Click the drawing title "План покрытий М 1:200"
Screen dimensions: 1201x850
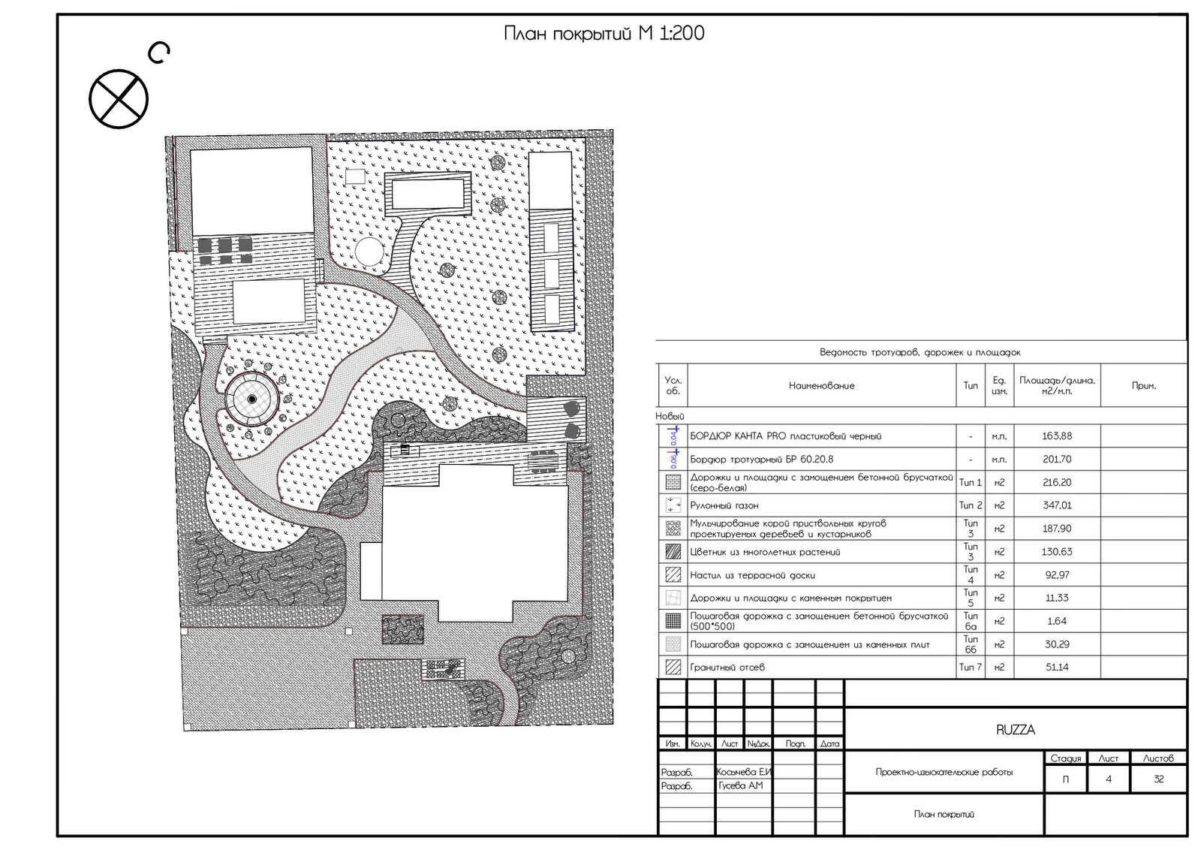click(x=604, y=33)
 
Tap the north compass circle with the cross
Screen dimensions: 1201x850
click(x=119, y=98)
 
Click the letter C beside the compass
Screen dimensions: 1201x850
click(x=159, y=53)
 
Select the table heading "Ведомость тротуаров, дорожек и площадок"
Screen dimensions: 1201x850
click(x=920, y=352)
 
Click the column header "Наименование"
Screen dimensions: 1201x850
click(x=821, y=386)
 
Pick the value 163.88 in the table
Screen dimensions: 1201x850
click(x=1057, y=436)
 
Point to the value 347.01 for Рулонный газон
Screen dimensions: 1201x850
click(x=1057, y=505)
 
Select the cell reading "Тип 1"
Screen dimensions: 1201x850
click(x=971, y=483)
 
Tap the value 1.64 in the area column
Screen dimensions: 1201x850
click(x=1057, y=621)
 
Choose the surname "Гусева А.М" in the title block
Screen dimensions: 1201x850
click(x=740, y=785)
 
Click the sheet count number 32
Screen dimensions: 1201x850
click(x=1159, y=779)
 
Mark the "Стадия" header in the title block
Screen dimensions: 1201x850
click(x=1066, y=758)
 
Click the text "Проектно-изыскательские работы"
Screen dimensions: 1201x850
click(x=944, y=772)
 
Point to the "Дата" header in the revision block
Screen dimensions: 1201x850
click(x=830, y=744)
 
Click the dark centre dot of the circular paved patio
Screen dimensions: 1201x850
click(x=251, y=399)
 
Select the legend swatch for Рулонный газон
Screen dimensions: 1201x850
click(x=673, y=505)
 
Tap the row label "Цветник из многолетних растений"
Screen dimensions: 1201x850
click(x=765, y=552)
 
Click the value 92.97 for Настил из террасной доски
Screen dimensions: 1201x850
click(x=1057, y=575)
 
